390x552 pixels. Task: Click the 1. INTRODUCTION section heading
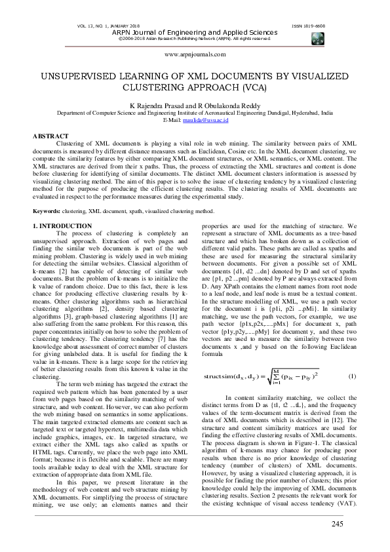coord(64,225)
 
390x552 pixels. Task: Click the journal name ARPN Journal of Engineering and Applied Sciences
coord(195,32)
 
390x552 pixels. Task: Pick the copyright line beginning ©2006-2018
coord(195,39)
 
